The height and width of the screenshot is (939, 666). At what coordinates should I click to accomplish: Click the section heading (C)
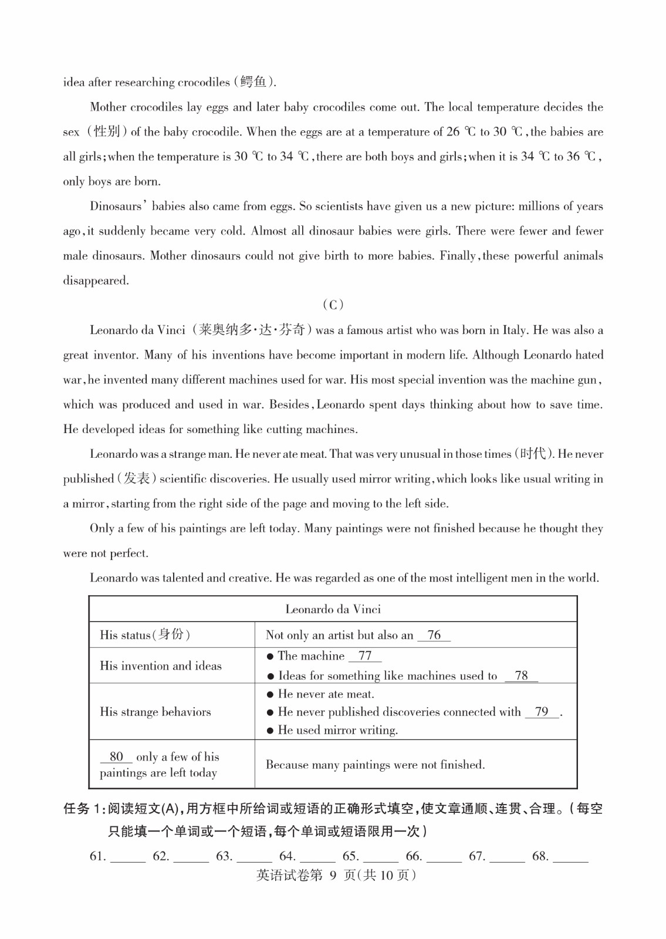click(333, 305)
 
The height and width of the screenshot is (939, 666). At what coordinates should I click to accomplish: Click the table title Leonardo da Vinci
click(333, 609)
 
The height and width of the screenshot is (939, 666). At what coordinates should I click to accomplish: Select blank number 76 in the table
click(434, 636)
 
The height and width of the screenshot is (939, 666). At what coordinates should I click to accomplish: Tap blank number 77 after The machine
click(365, 656)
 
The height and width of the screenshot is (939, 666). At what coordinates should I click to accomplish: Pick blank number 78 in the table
click(521, 676)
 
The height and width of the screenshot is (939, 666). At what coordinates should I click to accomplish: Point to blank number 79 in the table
click(542, 712)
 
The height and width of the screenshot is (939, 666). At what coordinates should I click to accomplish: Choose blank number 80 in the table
click(116, 757)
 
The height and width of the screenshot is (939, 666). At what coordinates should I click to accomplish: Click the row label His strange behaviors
click(155, 712)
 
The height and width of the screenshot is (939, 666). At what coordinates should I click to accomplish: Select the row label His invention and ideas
click(160, 666)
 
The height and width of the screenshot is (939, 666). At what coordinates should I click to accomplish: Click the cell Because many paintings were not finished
click(375, 765)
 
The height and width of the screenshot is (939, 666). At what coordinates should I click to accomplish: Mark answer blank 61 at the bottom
click(127, 857)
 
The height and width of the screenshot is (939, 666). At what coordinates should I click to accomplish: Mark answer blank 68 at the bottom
click(570, 857)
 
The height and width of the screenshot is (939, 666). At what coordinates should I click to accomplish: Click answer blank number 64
click(317, 857)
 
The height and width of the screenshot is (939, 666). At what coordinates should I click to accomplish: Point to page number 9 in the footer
click(333, 876)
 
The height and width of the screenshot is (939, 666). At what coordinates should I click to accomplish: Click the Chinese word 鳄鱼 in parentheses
click(253, 82)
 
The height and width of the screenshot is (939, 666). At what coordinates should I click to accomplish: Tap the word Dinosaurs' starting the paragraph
click(116, 206)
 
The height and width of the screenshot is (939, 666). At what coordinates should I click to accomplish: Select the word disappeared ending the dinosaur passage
click(96, 281)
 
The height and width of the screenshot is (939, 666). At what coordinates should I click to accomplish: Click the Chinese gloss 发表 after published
click(137, 479)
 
